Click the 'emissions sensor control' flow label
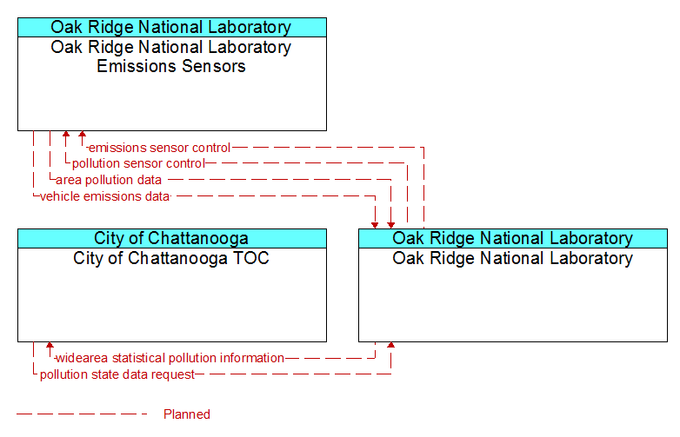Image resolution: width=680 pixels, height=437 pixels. (159, 148)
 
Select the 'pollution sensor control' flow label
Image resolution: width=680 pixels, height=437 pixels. (138, 163)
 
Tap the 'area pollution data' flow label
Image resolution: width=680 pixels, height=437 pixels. (109, 180)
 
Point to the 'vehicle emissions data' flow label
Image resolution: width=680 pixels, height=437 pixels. (104, 196)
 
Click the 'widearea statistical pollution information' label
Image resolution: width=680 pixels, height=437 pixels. (170, 358)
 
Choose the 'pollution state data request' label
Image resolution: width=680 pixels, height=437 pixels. (117, 374)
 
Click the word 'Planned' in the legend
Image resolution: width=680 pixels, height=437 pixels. (187, 414)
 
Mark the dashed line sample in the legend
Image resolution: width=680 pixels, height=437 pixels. (83, 414)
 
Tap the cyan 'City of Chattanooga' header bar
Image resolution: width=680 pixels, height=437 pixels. (172, 239)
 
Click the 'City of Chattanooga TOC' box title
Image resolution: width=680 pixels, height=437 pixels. (171, 258)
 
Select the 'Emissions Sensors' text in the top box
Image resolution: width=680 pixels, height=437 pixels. (171, 66)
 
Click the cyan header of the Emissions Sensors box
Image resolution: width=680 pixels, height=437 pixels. (172, 27)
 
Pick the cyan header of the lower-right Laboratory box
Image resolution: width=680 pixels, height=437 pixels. (513, 239)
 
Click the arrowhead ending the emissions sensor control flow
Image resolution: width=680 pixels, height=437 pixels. (82, 135)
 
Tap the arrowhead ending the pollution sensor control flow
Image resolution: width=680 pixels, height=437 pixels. (66, 135)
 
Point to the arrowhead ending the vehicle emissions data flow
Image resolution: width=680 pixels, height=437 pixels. (375, 225)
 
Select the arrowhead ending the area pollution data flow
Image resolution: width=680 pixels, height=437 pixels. (391, 225)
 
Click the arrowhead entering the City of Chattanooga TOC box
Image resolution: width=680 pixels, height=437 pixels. (50, 346)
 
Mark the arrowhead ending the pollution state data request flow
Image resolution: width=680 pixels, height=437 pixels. (391, 346)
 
